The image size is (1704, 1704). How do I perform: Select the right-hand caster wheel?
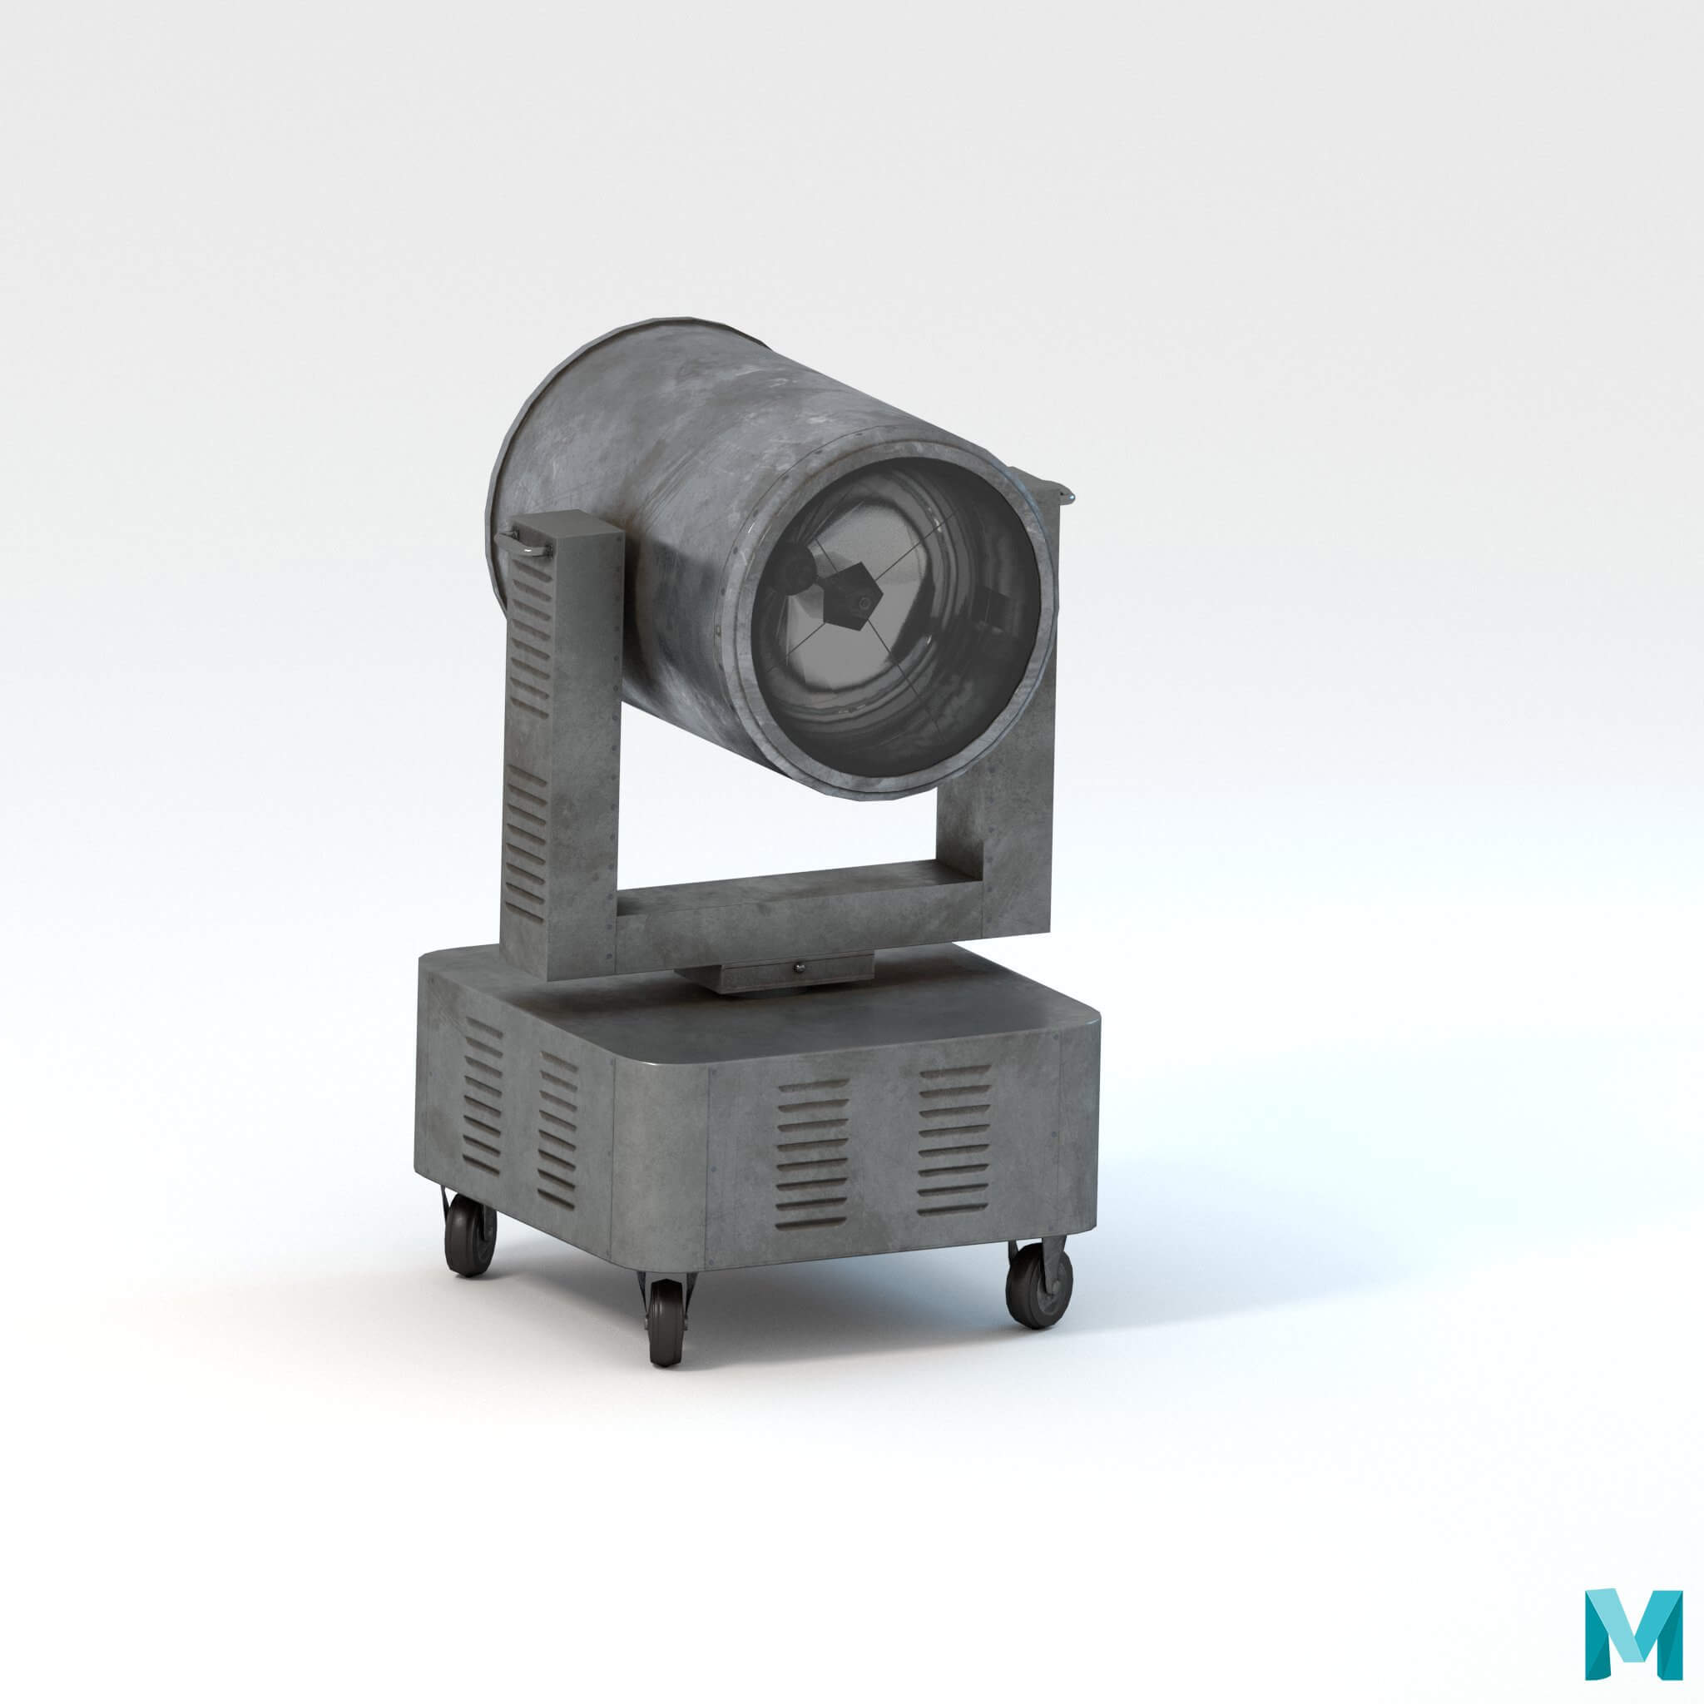(1039, 1287)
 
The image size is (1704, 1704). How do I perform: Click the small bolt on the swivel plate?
(799, 968)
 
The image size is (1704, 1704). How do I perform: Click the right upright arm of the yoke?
(1014, 794)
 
